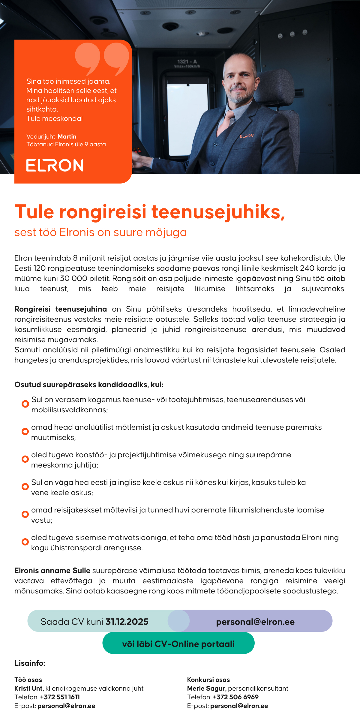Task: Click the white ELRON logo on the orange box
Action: pyautogui.click(x=55, y=166)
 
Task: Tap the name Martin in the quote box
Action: pyautogui.click(x=67, y=136)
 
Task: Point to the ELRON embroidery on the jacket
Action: pyautogui.click(x=247, y=136)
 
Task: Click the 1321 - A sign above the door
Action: pyautogui.click(x=187, y=62)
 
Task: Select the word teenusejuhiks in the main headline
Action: pyautogui.click(x=218, y=212)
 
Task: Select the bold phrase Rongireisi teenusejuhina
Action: pyautogui.click(x=61, y=309)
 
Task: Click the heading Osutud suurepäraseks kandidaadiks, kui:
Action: pyautogui.click(x=89, y=384)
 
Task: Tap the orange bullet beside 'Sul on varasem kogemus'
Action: pyautogui.click(x=25, y=404)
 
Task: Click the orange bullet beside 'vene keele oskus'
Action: pyautogui.click(x=25, y=487)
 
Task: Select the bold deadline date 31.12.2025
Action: pyautogui.click(x=127, y=622)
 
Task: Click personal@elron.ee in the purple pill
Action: pyautogui.click(x=255, y=622)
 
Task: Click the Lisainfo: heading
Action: pyautogui.click(x=30, y=663)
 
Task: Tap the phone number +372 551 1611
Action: pyautogui.click(x=60, y=697)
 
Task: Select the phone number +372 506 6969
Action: pyautogui.click(x=236, y=697)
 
